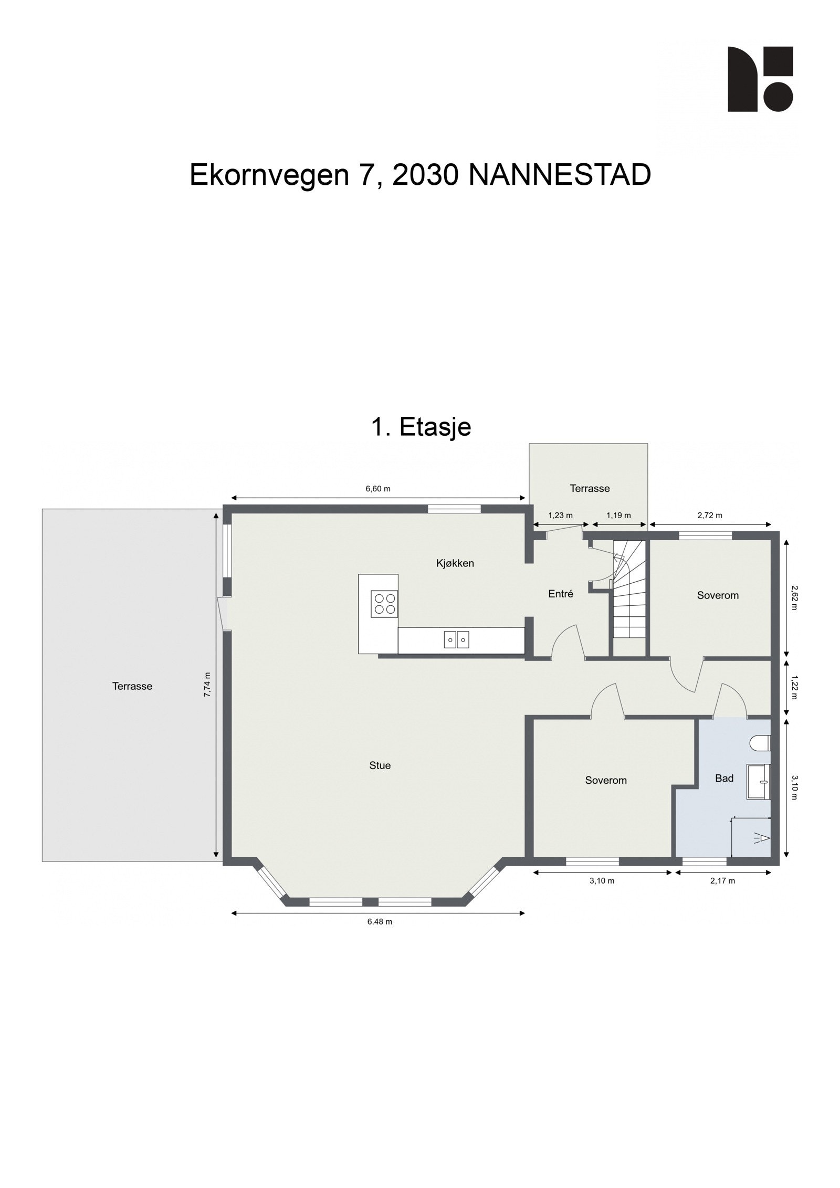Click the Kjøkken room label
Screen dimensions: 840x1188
coord(455,563)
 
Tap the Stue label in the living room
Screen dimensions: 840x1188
coord(380,765)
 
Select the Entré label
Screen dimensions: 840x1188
coord(560,594)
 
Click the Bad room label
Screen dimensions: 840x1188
coord(724,778)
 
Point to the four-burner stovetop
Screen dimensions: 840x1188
coord(384,603)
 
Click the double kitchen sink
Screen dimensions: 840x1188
coord(456,640)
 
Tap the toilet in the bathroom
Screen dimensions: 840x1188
coord(761,743)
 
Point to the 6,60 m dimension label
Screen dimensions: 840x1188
coord(378,489)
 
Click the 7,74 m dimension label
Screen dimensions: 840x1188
coord(207,685)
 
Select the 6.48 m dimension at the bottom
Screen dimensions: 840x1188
coord(380,921)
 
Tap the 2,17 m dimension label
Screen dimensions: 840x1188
coord(722,880)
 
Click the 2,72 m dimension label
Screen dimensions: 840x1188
coord(710,516)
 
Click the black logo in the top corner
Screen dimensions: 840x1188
coord(760,79)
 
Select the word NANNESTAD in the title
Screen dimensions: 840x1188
coord(560,175)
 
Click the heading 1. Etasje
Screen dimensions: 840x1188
coord(421,427)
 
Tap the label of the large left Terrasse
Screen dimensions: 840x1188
coord(132,686)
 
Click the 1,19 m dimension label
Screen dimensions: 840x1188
coord(618,516)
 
